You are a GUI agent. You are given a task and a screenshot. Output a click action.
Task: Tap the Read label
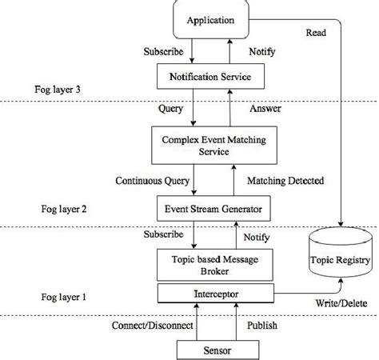(315, 33)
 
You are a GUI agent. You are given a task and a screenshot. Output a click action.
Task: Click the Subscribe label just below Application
(162, 51)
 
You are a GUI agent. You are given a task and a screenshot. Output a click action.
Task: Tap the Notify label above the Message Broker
(257, 237)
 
